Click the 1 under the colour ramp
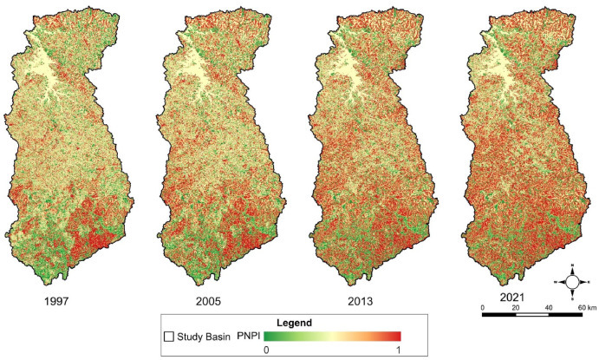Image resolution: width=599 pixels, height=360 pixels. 398,350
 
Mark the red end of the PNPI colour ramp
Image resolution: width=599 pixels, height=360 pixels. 394,336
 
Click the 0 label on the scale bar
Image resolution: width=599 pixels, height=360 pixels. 483,307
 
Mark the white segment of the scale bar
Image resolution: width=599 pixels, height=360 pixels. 532,316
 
